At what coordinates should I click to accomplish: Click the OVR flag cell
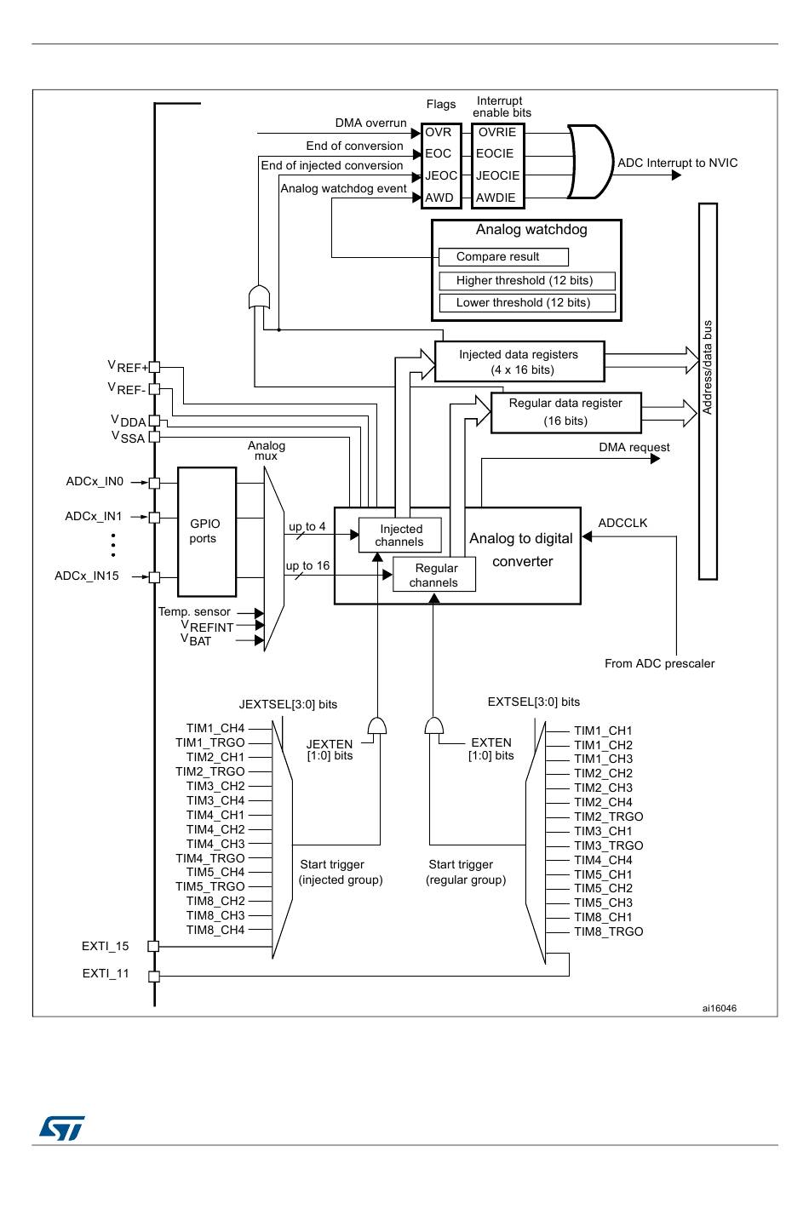440,132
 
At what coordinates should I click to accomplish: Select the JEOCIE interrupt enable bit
497,175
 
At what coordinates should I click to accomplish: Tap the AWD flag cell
440,198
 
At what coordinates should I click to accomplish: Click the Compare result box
503,257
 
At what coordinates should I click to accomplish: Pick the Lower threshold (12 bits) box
527,303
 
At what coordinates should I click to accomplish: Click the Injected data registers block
519,362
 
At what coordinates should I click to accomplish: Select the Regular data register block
565,412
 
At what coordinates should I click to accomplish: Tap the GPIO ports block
207,531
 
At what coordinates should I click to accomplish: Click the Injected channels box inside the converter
400,536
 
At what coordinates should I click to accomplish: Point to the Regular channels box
434,575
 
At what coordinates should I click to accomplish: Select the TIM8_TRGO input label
608,931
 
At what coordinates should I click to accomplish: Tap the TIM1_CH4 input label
215,728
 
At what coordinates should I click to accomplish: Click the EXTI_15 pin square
154,946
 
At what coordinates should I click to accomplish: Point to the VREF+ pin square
154,367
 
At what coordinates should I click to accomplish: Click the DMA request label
634,448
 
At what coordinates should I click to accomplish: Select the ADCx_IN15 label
86,576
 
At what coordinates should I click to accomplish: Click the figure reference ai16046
719,1008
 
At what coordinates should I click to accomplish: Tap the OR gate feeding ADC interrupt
590,162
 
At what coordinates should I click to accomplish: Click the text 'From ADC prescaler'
659,663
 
